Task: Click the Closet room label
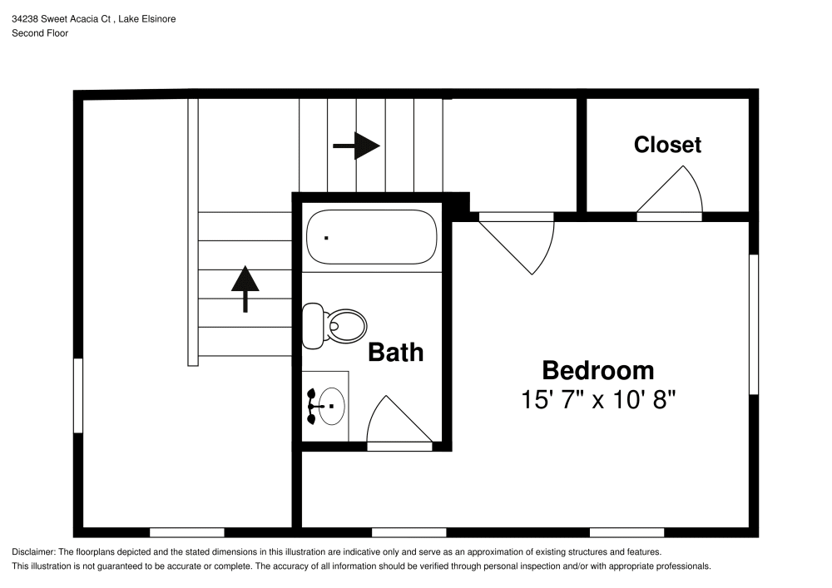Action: (x=667, y=145)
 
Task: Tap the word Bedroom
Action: (x=598, y=370)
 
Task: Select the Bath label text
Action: (x=396, y=352)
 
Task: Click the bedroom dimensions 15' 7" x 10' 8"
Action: (x=598, y=399)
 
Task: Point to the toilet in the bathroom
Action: (x=334, y=325)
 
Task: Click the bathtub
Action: (x=372, y=237)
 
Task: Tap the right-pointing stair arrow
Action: (x=356, y=146)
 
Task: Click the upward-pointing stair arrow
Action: (x=245, y=289)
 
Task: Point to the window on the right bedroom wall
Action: (x=754, y=324)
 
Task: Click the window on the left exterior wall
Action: (x=78, y=396)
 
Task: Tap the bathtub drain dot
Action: (x=326, y=238)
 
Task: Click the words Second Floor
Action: (x=40, y=33)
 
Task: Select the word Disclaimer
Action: (x=33, y=552)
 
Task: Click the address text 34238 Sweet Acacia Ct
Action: (x=61, y=18)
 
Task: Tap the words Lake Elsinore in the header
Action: (x=147, y=18)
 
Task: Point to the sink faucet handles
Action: (x=311, y=407)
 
